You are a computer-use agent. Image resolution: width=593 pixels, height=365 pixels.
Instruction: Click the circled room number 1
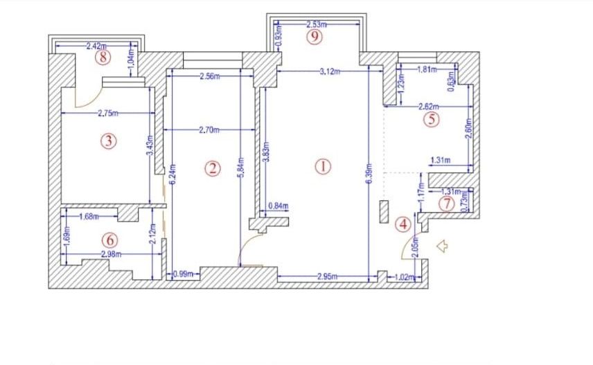point(323,166)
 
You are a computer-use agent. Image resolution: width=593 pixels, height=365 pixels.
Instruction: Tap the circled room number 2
point(213,168)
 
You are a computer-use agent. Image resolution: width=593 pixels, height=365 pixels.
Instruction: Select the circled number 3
point(107,141)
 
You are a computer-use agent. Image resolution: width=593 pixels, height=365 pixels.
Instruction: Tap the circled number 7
point(447,204)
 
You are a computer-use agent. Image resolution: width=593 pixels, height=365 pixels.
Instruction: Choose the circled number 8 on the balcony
point(104,57)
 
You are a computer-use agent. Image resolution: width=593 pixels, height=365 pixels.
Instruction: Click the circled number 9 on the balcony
point(315,37)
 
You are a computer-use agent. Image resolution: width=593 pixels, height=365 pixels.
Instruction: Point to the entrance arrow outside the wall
point(441,244)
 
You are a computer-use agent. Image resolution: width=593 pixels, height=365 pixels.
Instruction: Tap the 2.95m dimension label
point(328,277)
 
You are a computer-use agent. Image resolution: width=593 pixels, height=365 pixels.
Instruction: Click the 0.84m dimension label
point(278,206)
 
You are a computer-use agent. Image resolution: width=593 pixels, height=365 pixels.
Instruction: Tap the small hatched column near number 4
point(384,211)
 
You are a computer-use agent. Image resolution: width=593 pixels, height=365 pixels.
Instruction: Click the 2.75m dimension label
point(107,112)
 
